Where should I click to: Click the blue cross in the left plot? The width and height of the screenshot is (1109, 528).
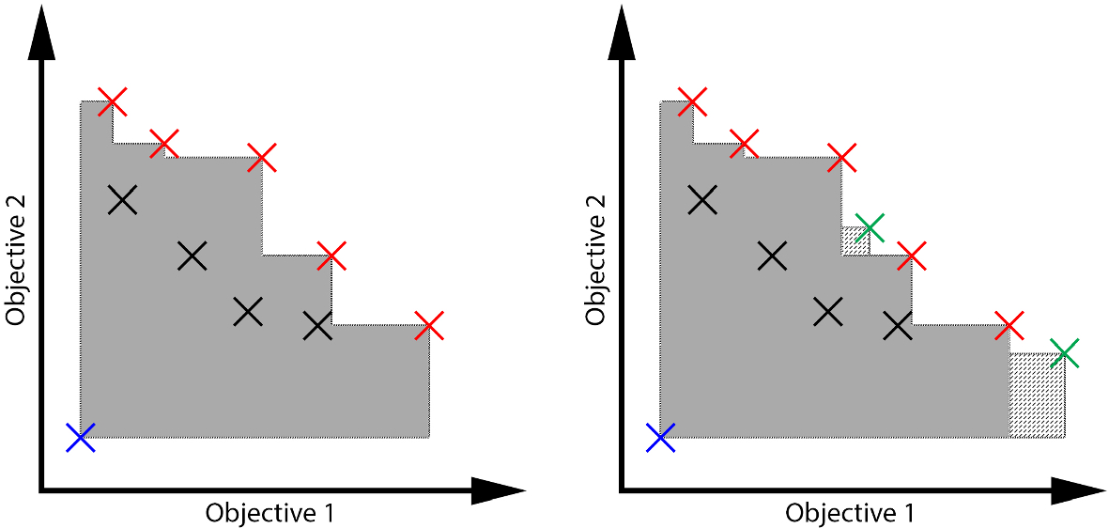[81, 437]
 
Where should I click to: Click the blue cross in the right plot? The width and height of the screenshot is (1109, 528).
[661, 437]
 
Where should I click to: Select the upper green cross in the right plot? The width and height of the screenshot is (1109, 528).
[870, 226]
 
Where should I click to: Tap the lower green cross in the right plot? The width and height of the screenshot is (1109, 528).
[1065, 353]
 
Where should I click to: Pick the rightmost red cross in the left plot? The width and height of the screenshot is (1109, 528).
[428, 326]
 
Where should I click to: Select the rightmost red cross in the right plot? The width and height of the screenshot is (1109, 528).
[1009, 326]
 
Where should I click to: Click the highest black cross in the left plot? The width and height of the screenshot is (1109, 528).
[122, 199]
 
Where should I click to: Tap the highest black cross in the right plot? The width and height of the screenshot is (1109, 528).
[702, 199]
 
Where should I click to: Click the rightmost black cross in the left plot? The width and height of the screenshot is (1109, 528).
[317, 326]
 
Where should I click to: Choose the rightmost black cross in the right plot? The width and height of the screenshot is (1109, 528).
[898, 326]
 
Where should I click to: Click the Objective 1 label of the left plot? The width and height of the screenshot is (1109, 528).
[270, 513]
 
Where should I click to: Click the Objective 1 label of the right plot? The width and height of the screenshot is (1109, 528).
[850, 513]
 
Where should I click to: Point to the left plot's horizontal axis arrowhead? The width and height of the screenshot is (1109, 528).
[498, 489]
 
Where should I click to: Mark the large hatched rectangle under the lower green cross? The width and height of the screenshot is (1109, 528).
[1037, 396]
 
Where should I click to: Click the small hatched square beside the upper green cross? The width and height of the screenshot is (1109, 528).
[855, 241]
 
